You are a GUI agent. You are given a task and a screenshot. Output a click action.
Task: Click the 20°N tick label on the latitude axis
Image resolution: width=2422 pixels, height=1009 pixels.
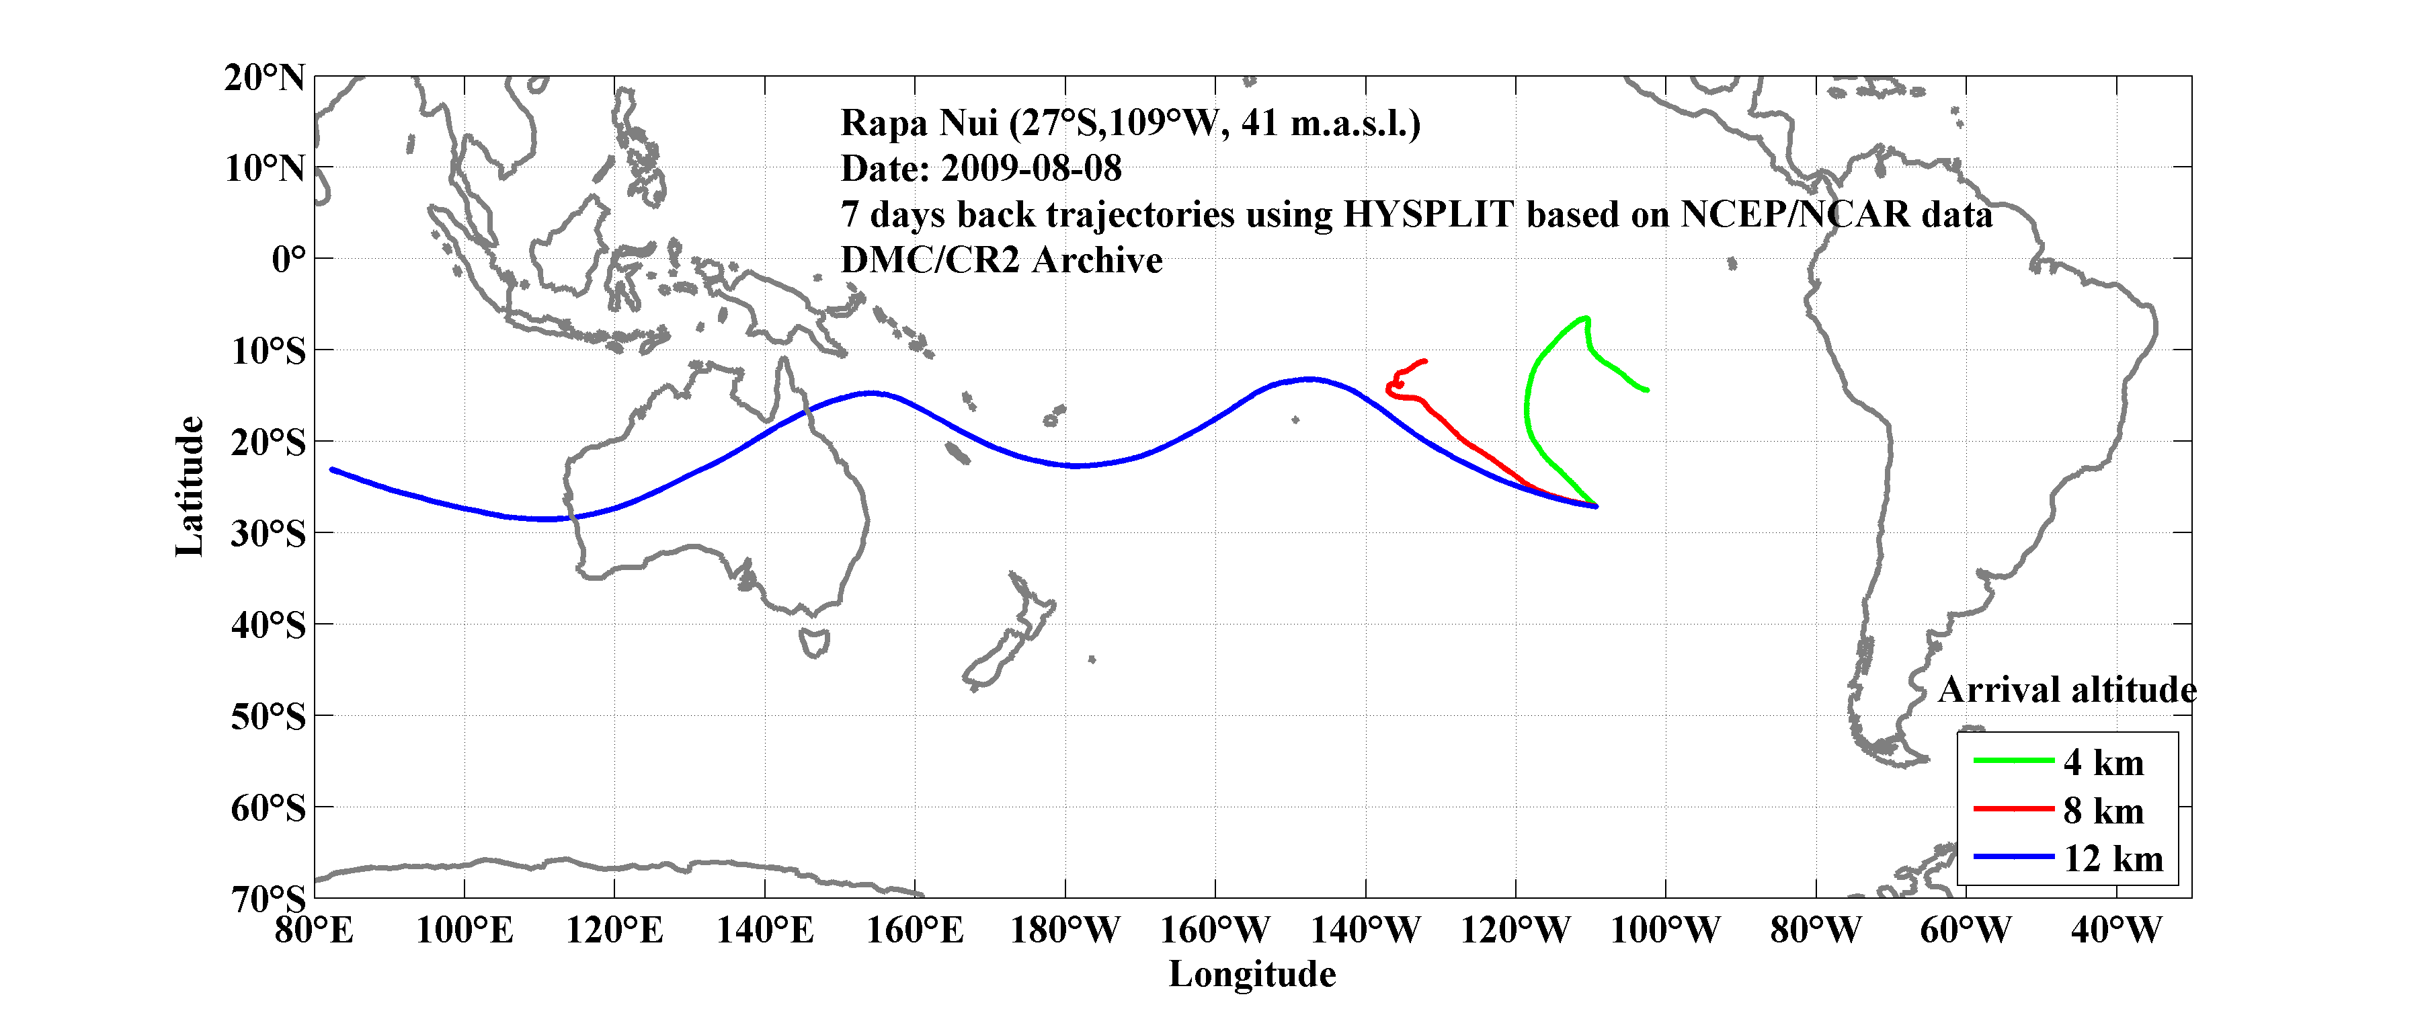coord(264,77)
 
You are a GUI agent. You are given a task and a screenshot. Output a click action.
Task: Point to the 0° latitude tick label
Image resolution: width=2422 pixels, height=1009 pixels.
coord(288,259)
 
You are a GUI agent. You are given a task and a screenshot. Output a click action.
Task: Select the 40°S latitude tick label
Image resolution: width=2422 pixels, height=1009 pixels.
coord(268,624)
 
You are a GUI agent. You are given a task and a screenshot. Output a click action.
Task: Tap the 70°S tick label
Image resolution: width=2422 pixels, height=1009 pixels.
coord(268,899)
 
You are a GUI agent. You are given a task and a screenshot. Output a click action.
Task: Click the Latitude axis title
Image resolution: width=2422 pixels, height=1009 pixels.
coord(189,486)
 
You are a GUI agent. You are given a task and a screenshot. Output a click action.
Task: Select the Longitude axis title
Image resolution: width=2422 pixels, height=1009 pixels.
coord(1252,974)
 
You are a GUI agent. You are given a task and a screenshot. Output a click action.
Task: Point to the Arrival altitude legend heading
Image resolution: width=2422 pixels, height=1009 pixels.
coord(2066,690)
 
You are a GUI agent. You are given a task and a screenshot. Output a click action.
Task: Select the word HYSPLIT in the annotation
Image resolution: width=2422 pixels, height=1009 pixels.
coord(1427,214)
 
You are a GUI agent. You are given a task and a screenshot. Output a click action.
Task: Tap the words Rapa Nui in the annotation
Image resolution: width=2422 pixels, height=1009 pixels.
coord(919,123)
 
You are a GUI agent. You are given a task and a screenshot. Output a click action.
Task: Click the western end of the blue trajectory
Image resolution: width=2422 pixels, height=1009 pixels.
coord(333,469)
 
